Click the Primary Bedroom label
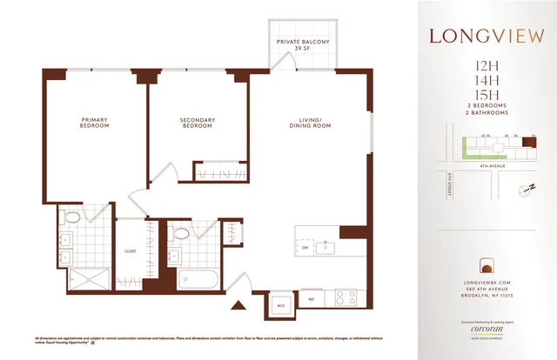tap(95, 123)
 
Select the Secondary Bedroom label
tap(197, 123)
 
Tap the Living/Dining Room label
tap(311, 123)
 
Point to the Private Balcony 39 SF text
tap(302, 45)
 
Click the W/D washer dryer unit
tap(280, 305)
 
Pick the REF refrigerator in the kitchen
tap(310, 297)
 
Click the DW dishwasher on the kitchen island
tap(305, 248)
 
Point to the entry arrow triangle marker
tap(235, 305)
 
